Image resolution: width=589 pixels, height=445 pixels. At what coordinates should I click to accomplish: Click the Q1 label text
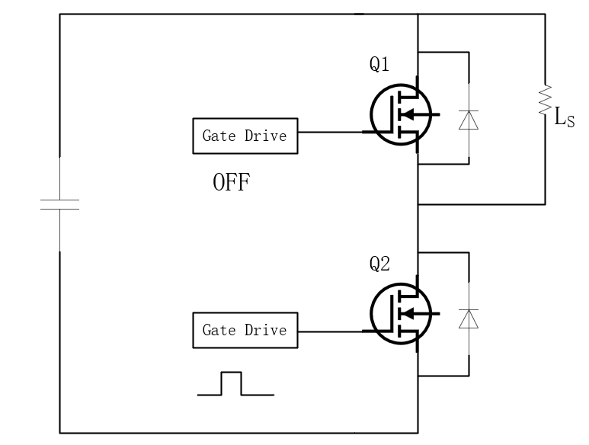380,66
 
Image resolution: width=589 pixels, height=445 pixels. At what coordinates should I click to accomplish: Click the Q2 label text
380,264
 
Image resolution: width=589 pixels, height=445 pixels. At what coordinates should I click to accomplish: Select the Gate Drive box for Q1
245,136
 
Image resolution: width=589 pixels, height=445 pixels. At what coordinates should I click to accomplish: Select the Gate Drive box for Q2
245,330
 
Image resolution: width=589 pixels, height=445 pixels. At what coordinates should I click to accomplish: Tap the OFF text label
231,184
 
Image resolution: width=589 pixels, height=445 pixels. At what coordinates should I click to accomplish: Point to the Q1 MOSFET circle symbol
399,114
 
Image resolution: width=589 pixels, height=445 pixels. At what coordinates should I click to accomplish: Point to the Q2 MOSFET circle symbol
399,312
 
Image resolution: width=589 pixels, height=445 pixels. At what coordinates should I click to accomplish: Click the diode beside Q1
469,119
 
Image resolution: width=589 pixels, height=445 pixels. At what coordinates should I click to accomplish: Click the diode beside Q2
469,319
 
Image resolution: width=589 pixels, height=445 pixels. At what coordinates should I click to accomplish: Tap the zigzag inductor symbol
545,101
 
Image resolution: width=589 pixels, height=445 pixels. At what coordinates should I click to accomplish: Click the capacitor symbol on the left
59,204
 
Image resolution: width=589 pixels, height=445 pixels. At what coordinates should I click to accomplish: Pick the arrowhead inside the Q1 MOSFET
408,115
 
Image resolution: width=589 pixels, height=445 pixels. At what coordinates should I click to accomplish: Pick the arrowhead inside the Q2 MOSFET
408,313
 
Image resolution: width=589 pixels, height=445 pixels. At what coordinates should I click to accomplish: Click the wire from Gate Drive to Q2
329,331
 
